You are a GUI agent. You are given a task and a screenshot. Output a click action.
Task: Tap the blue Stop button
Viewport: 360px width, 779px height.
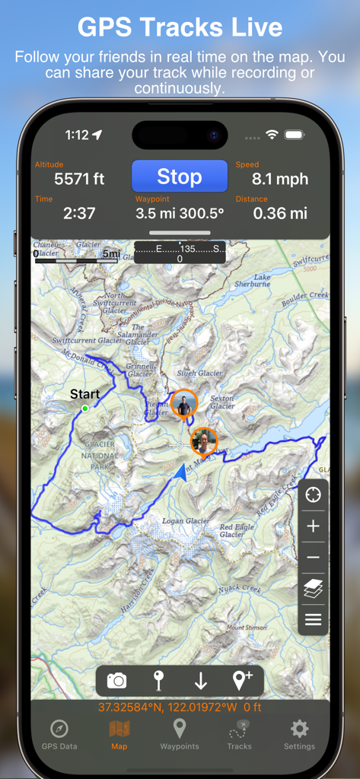(x=180, y=176)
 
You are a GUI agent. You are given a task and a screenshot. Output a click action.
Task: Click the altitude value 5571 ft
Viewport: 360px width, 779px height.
(x=79, y=180)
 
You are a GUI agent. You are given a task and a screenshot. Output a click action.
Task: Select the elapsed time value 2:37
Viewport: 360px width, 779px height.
(x=79, y=214)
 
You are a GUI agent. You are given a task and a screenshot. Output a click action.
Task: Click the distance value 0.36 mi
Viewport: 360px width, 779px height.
(x=280, y=214)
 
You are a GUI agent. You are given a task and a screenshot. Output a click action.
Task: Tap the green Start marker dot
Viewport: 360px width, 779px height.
(x=85, y=409)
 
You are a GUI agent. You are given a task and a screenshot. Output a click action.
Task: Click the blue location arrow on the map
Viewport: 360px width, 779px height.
(x=181, y=473)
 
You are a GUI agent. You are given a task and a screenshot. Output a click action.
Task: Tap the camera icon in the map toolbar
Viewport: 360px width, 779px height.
(x=117, y=681)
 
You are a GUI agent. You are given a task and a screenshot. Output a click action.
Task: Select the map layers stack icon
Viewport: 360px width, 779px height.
(x=313, y=588)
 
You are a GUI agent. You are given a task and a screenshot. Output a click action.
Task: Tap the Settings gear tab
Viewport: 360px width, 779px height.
(x=299, y=733)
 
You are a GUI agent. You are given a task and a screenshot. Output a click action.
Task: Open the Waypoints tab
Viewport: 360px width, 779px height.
(x=180, y=733)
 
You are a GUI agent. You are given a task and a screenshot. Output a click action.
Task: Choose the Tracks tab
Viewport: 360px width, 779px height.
(x=239, y=733)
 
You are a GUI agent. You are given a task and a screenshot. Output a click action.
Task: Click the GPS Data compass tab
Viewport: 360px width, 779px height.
(x=59, y=733)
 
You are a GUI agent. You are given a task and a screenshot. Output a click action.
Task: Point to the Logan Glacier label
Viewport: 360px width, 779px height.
(x=186, y=521)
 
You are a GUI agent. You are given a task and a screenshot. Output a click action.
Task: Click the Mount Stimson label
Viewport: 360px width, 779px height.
(x=247, y=628)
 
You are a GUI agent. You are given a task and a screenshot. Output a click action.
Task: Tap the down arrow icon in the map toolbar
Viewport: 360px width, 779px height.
(x=201, y=681)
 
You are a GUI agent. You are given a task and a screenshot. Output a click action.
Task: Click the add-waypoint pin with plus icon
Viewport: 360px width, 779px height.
(x=242, y=681)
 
